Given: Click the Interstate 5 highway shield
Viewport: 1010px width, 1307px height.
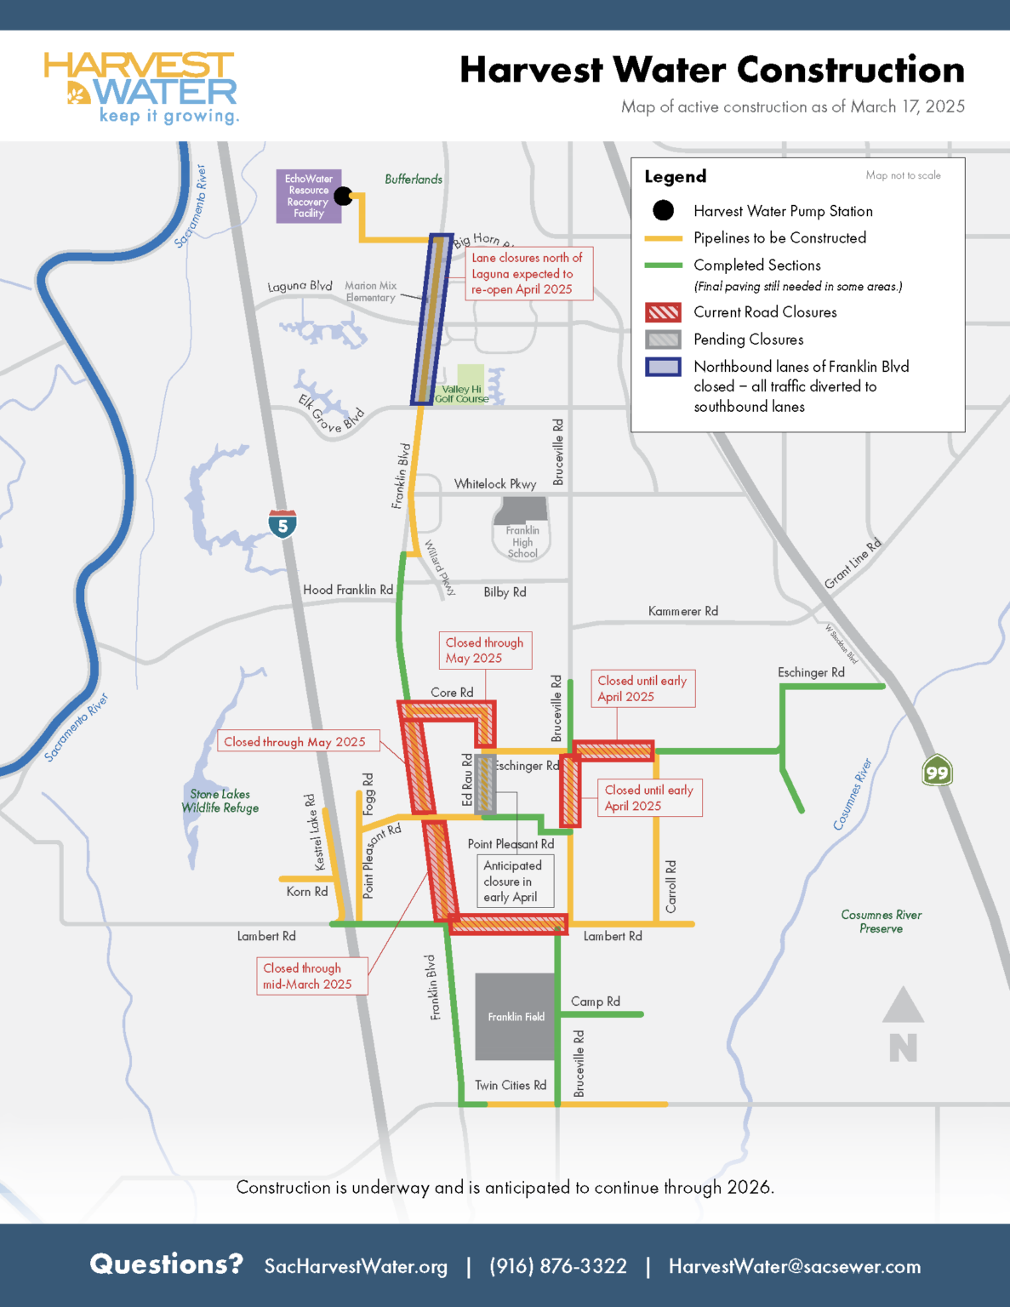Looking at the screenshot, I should click(x=282, y=524).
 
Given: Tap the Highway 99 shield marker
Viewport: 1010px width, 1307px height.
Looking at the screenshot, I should click(x=937, y=771).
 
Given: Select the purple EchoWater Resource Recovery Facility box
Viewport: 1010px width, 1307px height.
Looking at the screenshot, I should click(x=308, y=197).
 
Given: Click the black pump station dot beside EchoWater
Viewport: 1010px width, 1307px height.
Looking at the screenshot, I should click(x=344, y=197).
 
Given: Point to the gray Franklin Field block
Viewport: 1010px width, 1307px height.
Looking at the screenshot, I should click(x=516, y=1016).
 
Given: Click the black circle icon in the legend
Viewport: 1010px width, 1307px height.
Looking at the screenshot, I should click(x=663, y=210).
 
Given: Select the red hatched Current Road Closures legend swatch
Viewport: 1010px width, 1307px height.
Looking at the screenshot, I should click(x=663, y=312).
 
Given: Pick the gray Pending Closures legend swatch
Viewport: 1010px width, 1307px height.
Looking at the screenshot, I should click(x=663, y=340).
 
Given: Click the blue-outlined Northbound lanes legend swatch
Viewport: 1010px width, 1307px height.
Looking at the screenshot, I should click(x=663, y=367).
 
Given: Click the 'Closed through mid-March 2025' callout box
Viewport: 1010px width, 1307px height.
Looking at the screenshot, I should click(x=312, y=976).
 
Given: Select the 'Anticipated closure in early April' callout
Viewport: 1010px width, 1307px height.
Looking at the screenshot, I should click(x=515, y=881).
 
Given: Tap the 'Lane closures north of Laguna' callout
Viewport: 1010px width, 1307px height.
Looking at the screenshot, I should click(x=528, y=273).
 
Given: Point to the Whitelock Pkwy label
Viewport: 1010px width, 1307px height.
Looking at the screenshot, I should click(x=495, y=484).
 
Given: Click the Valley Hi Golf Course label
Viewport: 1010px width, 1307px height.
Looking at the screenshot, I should click(x=462, y=394).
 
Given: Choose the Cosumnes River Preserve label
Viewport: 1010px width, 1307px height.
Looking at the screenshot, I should click(x=882, y=922).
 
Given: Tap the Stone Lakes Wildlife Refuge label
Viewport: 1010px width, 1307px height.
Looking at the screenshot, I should click(x=220, y=801).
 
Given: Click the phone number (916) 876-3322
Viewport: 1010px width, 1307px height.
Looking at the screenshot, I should click(x=557, y=1266).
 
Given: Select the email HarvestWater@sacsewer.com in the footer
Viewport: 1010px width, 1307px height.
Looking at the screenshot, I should click(x=794, y=1266).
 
